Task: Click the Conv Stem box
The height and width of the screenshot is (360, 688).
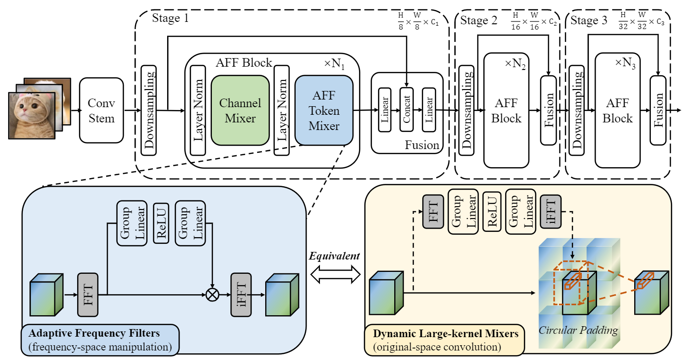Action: point(101,110)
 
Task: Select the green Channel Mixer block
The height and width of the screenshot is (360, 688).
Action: point(240,110)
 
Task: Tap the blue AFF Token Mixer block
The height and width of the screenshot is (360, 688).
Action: point(324,110)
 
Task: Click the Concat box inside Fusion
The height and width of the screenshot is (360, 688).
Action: point(406,110)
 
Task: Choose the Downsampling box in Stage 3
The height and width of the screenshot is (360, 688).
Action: point(577,110)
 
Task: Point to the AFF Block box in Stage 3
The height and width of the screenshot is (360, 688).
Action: point(618,110)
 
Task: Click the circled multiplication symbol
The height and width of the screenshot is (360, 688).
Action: point(212,295)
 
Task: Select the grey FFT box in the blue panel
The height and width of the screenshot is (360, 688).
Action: point(88,294)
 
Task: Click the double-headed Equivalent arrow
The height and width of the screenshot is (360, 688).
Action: point(335,274)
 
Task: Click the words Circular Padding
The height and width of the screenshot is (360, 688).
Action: point(578,330)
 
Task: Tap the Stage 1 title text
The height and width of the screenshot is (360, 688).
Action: point(170,19)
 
